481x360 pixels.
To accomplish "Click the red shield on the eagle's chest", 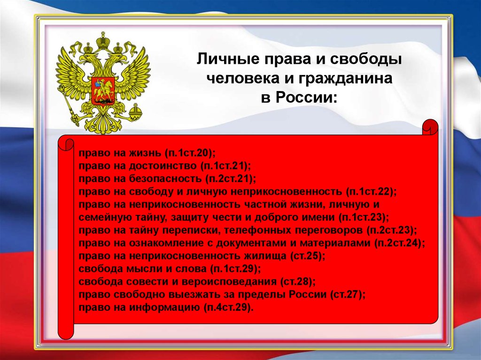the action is pos(103,90).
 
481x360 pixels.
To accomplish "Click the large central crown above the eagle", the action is pos(103,40).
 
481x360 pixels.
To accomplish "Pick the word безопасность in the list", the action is pos(165,178).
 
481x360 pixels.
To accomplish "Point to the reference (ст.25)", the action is pos(307,256).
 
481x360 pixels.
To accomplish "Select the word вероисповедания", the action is pos(229,282).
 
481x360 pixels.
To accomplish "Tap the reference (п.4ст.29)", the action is pos(228,307).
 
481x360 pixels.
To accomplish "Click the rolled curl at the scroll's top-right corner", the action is pos(430,127).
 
